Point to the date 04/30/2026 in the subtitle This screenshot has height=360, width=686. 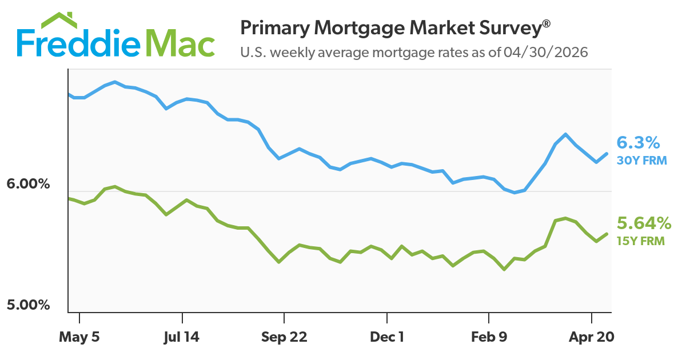tap(546, 53)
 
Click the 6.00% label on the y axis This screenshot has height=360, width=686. tap(29, 184)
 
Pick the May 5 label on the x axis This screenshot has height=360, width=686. tap(79, 337)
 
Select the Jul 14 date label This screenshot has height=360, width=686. tap(182, 337)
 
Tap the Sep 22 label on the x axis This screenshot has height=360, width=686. tap(284, 337)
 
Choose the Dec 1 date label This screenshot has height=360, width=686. tap(387, 337)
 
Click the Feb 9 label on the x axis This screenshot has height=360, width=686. tap(489, 337)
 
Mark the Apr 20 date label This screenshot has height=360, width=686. tap(592, 337)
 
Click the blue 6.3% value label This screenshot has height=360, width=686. tap(639, 142)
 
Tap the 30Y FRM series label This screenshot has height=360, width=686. tap(641, 161)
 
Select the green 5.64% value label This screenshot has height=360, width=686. tap(643, 223)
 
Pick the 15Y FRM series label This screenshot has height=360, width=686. tap(640, 241)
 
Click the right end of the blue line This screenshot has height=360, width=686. tap(607, 153)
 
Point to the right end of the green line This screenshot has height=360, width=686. tap(607, 233)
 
